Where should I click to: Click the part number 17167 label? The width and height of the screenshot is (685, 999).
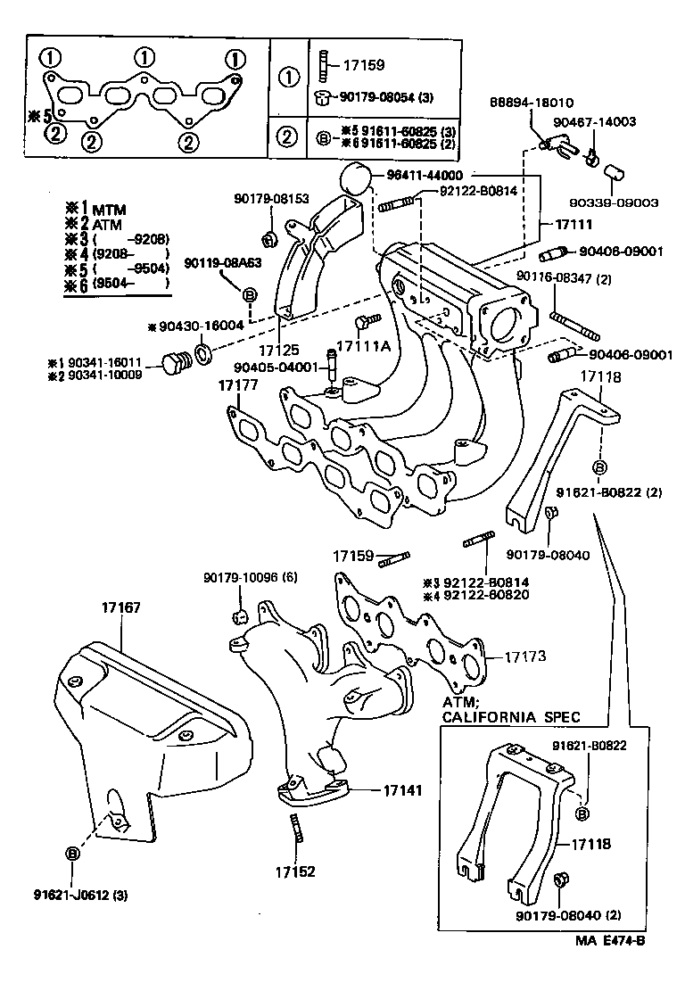click(x=121, y=607)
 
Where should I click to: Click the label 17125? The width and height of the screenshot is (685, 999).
click(x=278, y=351)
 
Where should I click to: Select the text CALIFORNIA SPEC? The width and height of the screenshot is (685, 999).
click(x=511, y=716)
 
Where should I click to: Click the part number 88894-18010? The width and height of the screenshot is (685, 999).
click(x=532, y=103)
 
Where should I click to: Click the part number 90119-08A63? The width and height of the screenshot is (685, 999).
click(x=224, y=263)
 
